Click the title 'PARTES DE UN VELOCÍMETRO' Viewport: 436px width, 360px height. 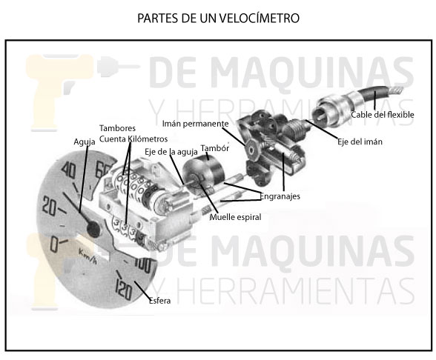click(218, 18)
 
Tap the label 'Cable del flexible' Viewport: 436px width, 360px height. click(383, 115)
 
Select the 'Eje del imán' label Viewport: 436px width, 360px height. click(360, 141)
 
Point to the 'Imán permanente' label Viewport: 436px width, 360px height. click(196, 124)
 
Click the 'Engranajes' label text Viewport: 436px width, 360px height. click(280, 196)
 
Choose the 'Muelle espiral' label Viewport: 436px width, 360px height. click(235, 217)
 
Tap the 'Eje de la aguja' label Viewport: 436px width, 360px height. click(171, 152)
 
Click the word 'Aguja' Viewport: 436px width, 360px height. click(85, 142)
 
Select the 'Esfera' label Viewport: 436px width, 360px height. click(160, 301)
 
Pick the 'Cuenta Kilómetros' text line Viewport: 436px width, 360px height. click(133, 139)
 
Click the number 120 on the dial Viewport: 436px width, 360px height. click(124, 289)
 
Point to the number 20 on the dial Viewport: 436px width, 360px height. click(50, 206)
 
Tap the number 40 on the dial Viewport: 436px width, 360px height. click(68, 170)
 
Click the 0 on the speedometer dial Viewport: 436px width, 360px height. click(54, 245)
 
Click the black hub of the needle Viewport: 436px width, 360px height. click(93, 229)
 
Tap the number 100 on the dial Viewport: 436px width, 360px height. click(142, 264)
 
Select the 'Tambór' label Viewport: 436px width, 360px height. click(215, 148)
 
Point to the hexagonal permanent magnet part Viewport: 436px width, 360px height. click(251, 150)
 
